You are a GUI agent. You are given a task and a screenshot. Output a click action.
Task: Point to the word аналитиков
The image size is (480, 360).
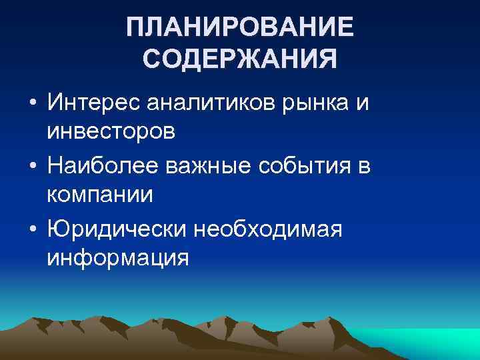pyautogui.click(x=211, y=104)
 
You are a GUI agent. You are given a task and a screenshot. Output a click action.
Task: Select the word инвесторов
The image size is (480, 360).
pyautogui.click(x=111, y=131)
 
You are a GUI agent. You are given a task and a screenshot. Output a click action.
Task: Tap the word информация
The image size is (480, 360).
pyautogui.click(x=117, y=257)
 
